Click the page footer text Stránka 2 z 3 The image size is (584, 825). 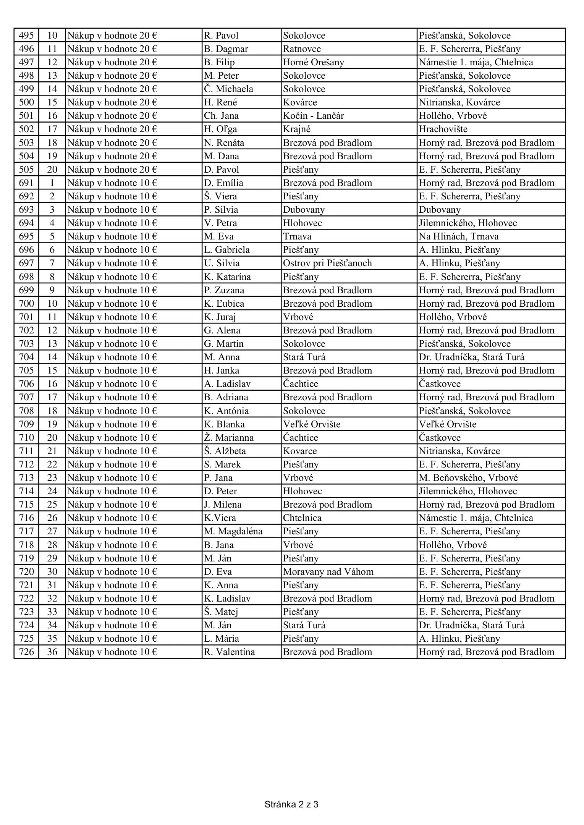(x=291, y=804)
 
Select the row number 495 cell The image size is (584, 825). (x=26, y=36)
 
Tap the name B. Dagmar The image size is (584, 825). (x=226, y=49)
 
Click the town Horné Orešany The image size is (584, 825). (x=313, y=62)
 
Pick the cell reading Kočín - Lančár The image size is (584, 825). (x=313, y=116)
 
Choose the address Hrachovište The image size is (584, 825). (x=443, y=129)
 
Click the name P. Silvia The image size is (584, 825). (x=221, y=210)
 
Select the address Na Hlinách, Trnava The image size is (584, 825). (x=458, y=236)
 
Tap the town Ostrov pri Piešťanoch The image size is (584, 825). (x=327, y=263)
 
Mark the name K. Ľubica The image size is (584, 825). (x=224, y=304)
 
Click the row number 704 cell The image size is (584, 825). (x=26, y=357)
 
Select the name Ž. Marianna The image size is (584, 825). (x=228, y=438)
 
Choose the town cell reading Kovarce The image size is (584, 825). (x=300, y=451)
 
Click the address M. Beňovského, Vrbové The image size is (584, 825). (x=468, y=478)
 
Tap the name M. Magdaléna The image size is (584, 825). (x=233, y=531)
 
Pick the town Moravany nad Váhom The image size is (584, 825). (x=328, y=572)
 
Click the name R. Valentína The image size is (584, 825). (x=229, y=652)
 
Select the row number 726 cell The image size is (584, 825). (x=26, y=652)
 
